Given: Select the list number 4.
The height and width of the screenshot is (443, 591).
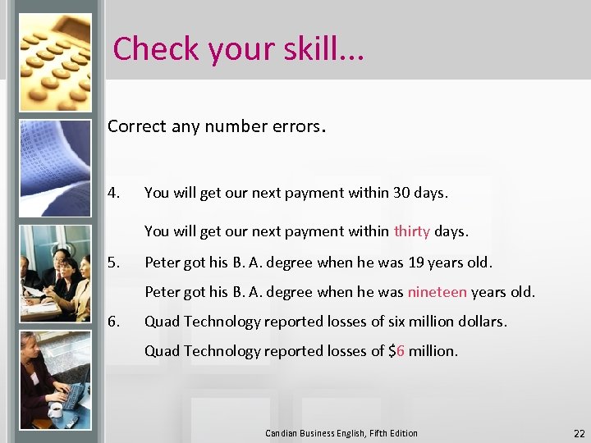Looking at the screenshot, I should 113,194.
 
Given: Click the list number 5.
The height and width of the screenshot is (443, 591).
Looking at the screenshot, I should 113,263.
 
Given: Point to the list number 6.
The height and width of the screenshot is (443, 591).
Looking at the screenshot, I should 113,322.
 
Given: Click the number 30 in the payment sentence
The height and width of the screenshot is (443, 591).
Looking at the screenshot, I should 402,194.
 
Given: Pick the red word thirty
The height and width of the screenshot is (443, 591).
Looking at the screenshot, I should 411,231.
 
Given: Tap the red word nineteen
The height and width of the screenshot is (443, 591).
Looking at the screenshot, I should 437,292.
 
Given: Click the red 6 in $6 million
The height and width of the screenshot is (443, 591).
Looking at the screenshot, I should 401,351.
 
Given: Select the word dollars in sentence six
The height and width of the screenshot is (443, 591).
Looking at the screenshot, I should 479,322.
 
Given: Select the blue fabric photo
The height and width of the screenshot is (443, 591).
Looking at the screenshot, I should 55,168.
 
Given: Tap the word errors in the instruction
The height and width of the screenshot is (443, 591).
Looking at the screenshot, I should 295,126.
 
